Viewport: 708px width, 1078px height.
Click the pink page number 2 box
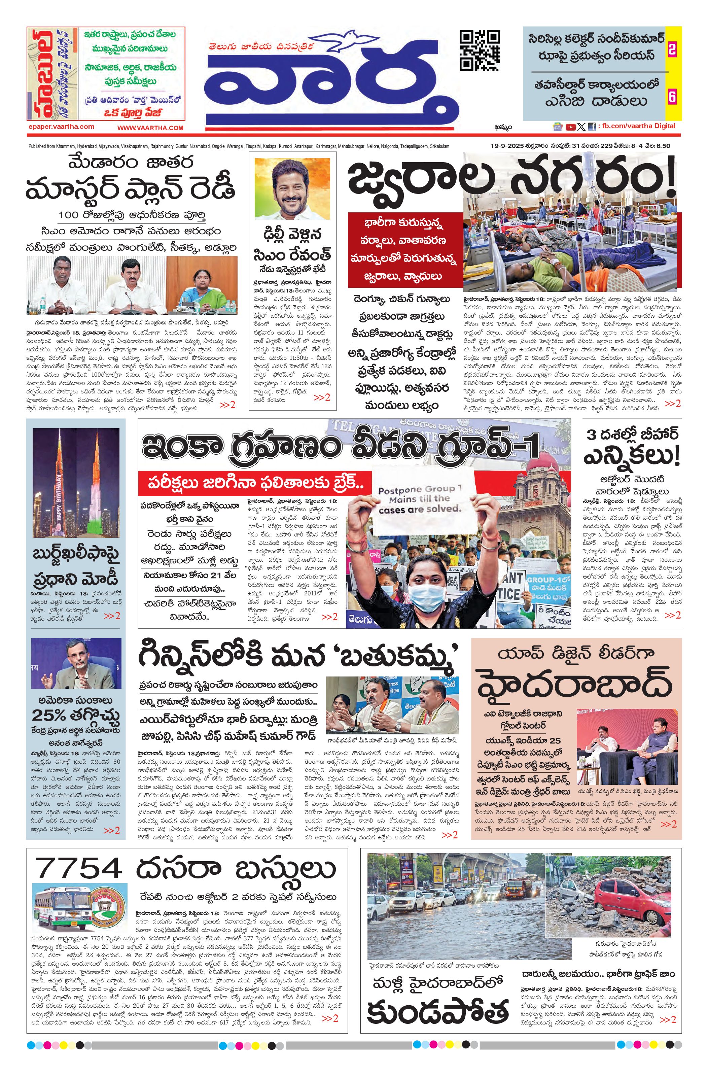coord(672,49)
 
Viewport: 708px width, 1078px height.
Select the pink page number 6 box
coord(672,97)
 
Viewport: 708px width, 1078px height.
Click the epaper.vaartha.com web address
coord(61,127)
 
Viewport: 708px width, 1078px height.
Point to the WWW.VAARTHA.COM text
coord(150,128)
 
